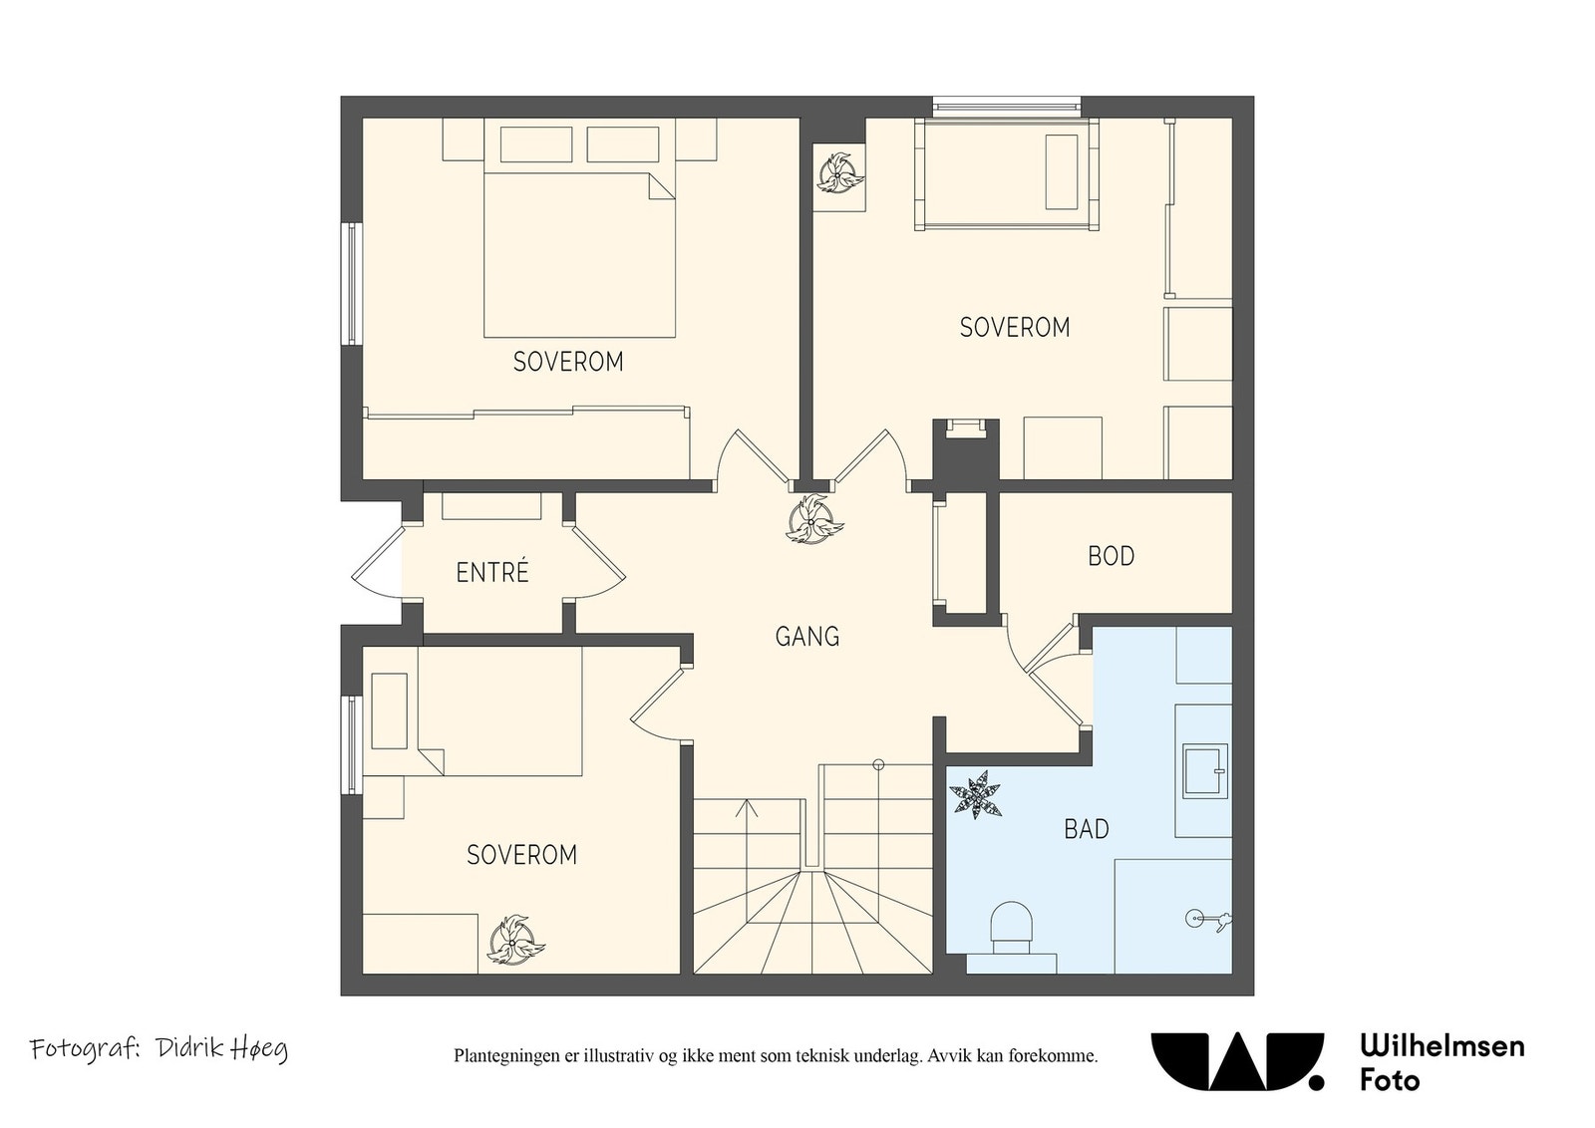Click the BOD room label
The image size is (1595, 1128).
click(1111, 556)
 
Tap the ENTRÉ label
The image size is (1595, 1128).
click(492, 572)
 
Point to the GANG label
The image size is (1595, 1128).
click(806, 636)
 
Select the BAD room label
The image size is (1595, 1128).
click(1086, 829)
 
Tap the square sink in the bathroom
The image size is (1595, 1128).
click(1205, 770)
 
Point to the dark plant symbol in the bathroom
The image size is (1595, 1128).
click(976, 794)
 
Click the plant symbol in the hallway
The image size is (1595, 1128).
click(813, 519)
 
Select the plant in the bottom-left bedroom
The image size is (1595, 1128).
click(514, 941)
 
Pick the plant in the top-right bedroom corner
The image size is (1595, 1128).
click(839, 172)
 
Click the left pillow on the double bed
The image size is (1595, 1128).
click(536, 144)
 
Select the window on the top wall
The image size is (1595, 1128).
click(1007, 107)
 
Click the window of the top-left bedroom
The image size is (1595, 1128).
click(352, 284)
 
